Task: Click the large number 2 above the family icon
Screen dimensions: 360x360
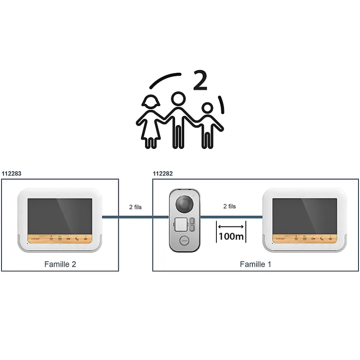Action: point(200,80)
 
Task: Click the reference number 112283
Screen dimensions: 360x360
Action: point(11,173)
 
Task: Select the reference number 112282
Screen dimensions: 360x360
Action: point(163,173)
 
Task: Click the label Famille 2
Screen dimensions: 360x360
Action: point(60,264)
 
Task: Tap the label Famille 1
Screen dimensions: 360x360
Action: point(255,264)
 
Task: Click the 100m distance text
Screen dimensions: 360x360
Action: point(231,236)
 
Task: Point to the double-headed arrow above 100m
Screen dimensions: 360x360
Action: point(231,226)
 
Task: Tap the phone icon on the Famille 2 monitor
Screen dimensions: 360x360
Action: point(77,239)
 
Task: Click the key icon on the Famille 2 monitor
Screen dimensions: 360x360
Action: point(69,239)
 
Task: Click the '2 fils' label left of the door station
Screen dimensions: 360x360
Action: point(135,207)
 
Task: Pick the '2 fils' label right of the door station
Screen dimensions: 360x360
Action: point(229,206)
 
